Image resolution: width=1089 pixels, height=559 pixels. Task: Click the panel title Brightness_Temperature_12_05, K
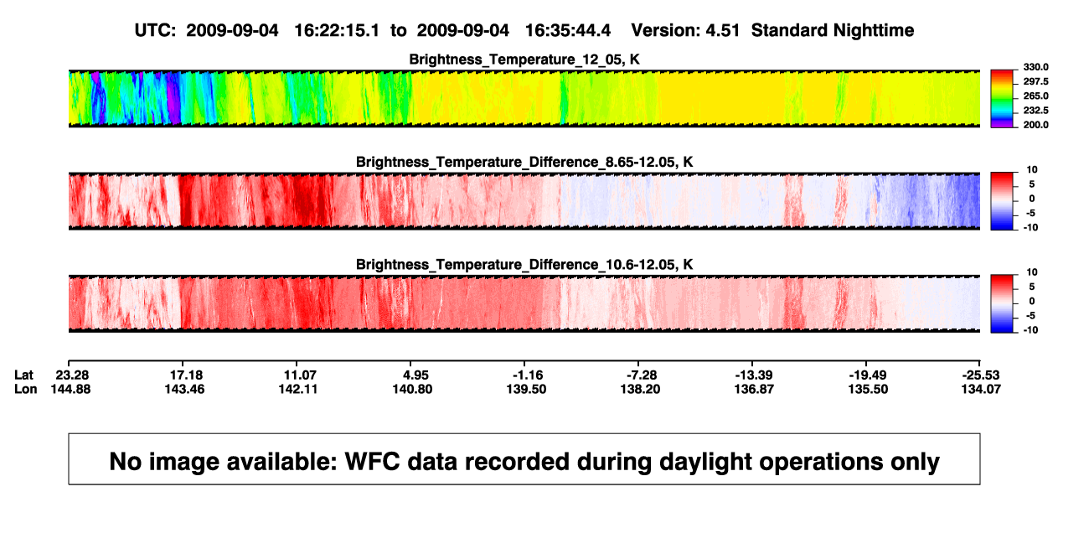click(524, 60)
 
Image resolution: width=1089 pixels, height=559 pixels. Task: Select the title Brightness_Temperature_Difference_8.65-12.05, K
click(524, 162)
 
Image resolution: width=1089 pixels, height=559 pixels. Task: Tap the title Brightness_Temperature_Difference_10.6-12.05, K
click(524, 265)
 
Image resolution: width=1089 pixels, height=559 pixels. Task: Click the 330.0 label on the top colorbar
click(1035, 67)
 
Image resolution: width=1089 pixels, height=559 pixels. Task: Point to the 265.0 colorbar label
click(1035, 96)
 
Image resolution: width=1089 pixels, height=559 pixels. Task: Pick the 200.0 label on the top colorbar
click(1035, 125)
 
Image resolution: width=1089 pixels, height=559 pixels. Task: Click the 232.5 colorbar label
click(1035, 111)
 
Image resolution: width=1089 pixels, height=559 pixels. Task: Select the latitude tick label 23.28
click(72, 375)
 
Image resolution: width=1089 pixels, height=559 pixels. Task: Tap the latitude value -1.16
click(528, 375)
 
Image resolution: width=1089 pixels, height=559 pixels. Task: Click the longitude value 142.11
click(298, 389)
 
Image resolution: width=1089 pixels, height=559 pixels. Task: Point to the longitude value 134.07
click(981, 389)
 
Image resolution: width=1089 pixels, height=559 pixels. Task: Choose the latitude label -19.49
click(868, 375)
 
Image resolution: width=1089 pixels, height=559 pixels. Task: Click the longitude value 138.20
click(640, 389)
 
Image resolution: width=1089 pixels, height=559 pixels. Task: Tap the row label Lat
click(23, 375)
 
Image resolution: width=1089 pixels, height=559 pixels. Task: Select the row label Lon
click(26, 389)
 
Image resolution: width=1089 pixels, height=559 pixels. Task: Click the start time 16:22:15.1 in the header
click(337, 31)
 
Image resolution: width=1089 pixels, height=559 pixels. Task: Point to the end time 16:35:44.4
click(568, 31)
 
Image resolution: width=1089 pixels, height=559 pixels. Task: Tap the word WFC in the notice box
click(372, 462)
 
